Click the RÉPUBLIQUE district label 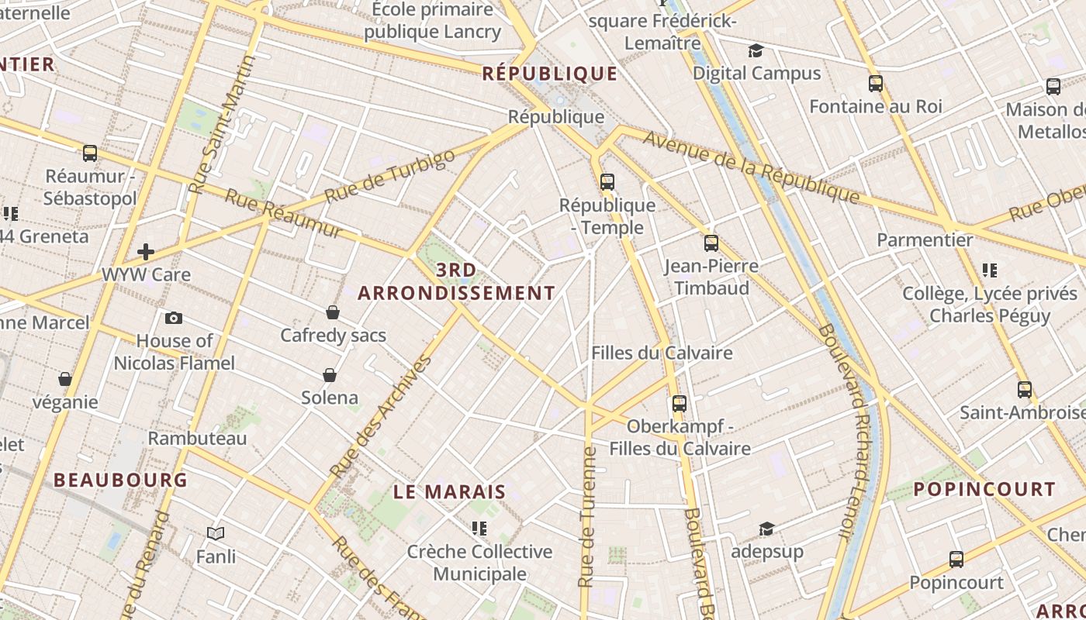click(549, 74)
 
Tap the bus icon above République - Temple click(607, 182)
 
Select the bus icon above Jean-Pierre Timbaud click(711, 243)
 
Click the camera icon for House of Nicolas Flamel click(174, 318)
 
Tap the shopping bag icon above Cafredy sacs click(333, 312)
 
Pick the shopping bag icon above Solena click(330, 375)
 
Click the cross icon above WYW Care click(146, 252)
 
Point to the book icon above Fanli click(216, 533)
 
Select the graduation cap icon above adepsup click(766, 529)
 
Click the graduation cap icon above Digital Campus click(756, 51)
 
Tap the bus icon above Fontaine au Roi click(876, 84)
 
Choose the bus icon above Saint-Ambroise click(1025, 390)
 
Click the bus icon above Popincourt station click(956, 560)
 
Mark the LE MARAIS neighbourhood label click(449, 492)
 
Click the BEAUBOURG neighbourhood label click(120, 480)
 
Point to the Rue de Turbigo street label click(389, 176)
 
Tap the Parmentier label click(925, 240)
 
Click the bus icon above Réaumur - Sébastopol click(90, 153)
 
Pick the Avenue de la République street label click(751, 167)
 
